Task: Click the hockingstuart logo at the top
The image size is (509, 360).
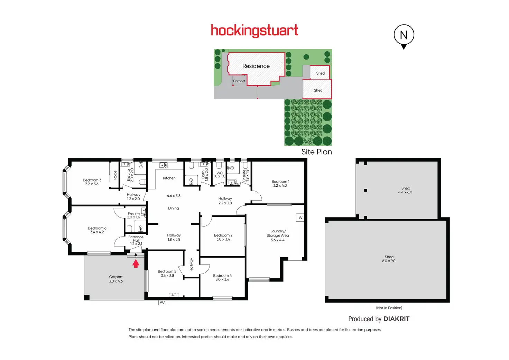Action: coord(254,30)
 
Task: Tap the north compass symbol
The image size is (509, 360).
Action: coord(404,35)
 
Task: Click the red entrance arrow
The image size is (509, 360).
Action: coord(136,264)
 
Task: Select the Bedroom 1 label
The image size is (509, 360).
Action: coord(280,182)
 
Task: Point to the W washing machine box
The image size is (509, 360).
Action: coord(300,218)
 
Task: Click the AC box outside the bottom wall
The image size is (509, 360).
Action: coord(162,302)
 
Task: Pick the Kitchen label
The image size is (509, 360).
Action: coord(169,178)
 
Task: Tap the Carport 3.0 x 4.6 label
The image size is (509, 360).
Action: coord(115,279)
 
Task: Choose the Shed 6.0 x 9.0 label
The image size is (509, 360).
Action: coord(389,259)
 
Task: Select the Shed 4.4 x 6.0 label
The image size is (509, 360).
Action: coord(405,190)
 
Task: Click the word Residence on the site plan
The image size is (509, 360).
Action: coord(256,66)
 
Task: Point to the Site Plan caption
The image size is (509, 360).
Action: coord(316,152)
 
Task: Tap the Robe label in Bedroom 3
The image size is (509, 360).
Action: coord(115,175)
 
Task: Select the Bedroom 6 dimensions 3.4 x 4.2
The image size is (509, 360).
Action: coord(97,232)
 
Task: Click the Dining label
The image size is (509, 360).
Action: coord(173,208)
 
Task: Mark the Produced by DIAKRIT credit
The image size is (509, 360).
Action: coord(379,319)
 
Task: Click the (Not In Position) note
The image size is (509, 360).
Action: coord(389,308)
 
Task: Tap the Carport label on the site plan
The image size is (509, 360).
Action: coord(239,81)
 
